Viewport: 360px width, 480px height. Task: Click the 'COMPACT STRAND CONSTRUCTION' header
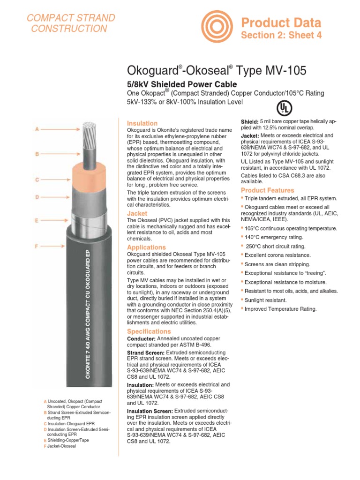(70, 23)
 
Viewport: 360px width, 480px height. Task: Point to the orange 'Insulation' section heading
(142, 123)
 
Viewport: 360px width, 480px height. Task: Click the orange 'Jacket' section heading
(137, 213)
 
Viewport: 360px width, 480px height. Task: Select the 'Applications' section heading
(147, 247)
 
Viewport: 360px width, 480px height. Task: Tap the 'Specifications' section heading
(149, 331)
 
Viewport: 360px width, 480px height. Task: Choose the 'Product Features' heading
(267, 190)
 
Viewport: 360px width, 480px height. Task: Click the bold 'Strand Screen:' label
(146, 352)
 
